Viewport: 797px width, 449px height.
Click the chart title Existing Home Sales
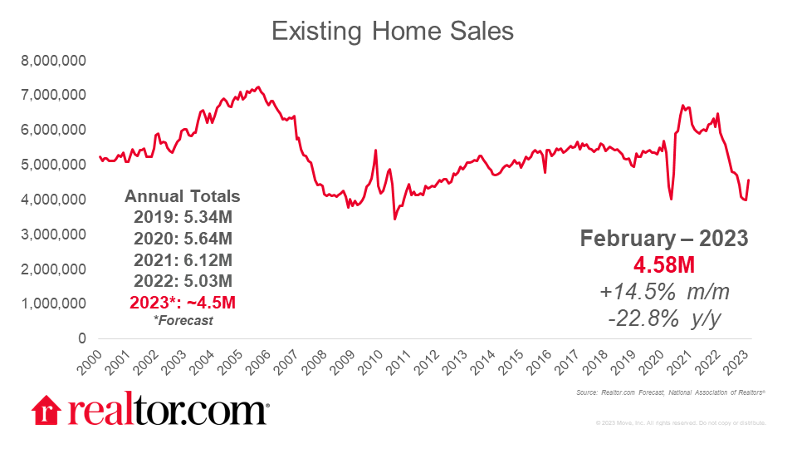click(x=393, y=32)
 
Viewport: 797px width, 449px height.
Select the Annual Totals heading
click(x=182, y=197)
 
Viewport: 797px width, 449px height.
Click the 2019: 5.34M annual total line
click(x=182, y=218)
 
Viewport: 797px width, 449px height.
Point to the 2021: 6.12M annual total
click(x=182, y=259)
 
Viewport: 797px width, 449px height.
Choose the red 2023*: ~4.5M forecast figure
click(x=182, y=300)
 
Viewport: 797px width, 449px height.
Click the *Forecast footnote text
click(x=182, y=320)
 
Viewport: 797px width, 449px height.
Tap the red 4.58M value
click(x=663, y=264)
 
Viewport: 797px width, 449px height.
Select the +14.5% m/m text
click(x=663, y=291)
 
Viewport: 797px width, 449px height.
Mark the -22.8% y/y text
click(x=663, y=318)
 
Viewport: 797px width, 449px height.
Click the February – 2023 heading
click(x=663, y=239)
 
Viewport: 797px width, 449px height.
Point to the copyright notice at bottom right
click(x=680, y=423)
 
